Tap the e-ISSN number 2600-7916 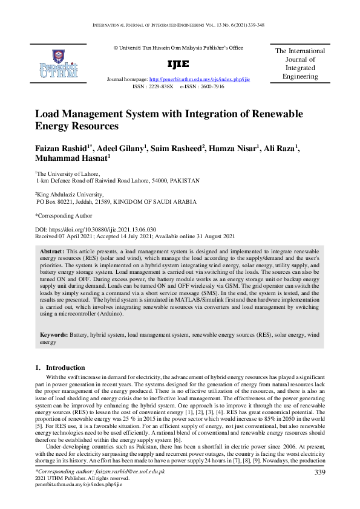pos(210,86)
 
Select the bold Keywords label pos(53,334)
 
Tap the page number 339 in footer pos(320,472)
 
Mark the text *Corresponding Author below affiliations pos(64,215)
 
